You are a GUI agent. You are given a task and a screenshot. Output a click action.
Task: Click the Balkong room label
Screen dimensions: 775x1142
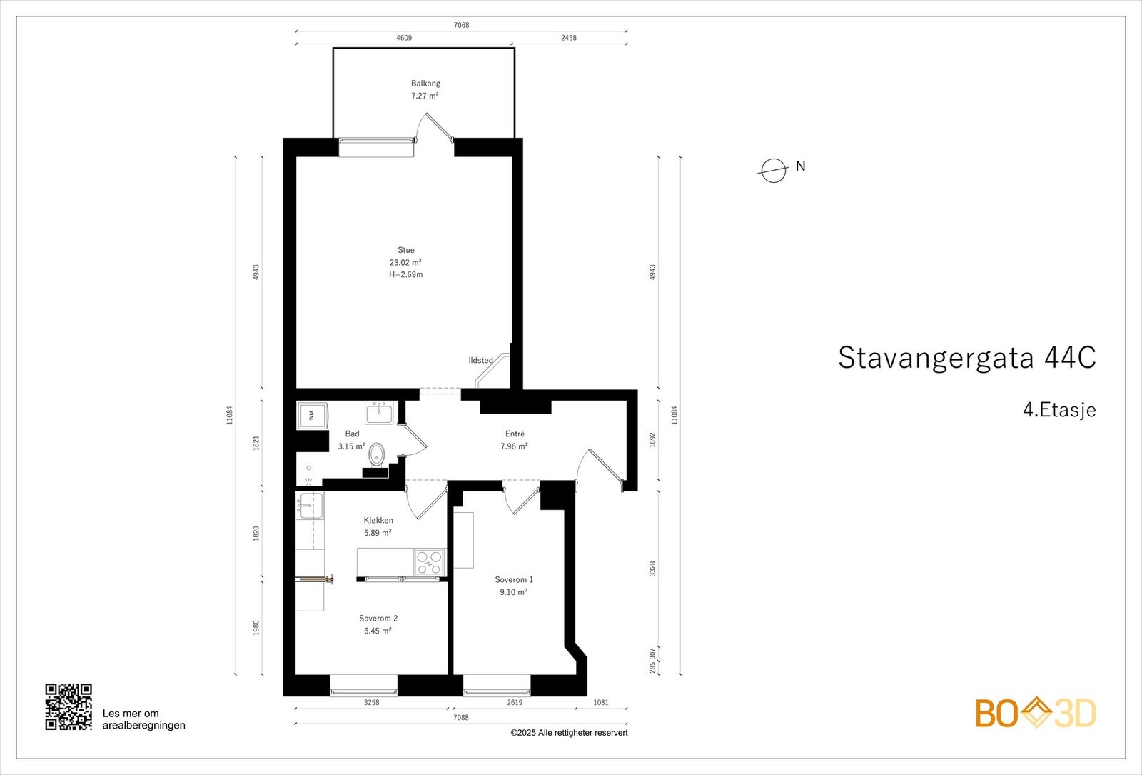[x=425, y=84]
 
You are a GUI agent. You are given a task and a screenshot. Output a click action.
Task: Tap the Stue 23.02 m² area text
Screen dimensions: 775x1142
[x=405, y=262]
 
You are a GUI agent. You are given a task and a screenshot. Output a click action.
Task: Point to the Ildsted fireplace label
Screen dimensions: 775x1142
[x=480, y=360]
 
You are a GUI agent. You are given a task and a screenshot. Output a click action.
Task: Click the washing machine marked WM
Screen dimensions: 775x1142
[x=312, y=415]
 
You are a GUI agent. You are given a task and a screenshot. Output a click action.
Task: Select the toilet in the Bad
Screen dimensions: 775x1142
[x=377, y=453]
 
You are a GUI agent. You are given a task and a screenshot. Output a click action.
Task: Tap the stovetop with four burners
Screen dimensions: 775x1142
[x=429, y=561]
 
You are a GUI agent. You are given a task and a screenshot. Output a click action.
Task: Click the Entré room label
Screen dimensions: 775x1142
[x=515, y=434]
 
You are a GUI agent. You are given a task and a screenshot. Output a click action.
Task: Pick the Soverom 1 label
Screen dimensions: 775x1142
[x=514, y=579]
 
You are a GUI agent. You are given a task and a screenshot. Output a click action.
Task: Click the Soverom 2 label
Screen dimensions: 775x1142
[x=378, y=618]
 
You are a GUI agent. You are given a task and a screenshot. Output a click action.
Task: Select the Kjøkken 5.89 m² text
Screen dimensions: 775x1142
[x=378, y=533]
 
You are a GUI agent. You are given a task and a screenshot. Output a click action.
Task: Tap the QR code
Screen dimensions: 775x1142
[x=69, y=706]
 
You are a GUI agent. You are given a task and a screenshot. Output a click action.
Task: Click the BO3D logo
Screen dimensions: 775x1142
[x=1035, y=713]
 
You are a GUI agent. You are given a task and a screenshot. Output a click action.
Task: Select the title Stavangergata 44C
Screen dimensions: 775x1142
[x=966, y=358]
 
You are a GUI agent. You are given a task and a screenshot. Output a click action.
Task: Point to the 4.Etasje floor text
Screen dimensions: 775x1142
[x=1058, y=410]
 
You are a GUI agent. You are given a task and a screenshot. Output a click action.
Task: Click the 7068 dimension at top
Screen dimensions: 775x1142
[x=461, y=25]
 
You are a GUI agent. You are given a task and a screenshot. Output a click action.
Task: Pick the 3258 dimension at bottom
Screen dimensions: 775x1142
[x=371, y=702]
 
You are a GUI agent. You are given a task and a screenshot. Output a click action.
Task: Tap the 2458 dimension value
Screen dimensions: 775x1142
[x=568, y=38]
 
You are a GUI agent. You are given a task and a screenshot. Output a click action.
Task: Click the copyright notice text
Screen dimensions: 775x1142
[x=569, y=733]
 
